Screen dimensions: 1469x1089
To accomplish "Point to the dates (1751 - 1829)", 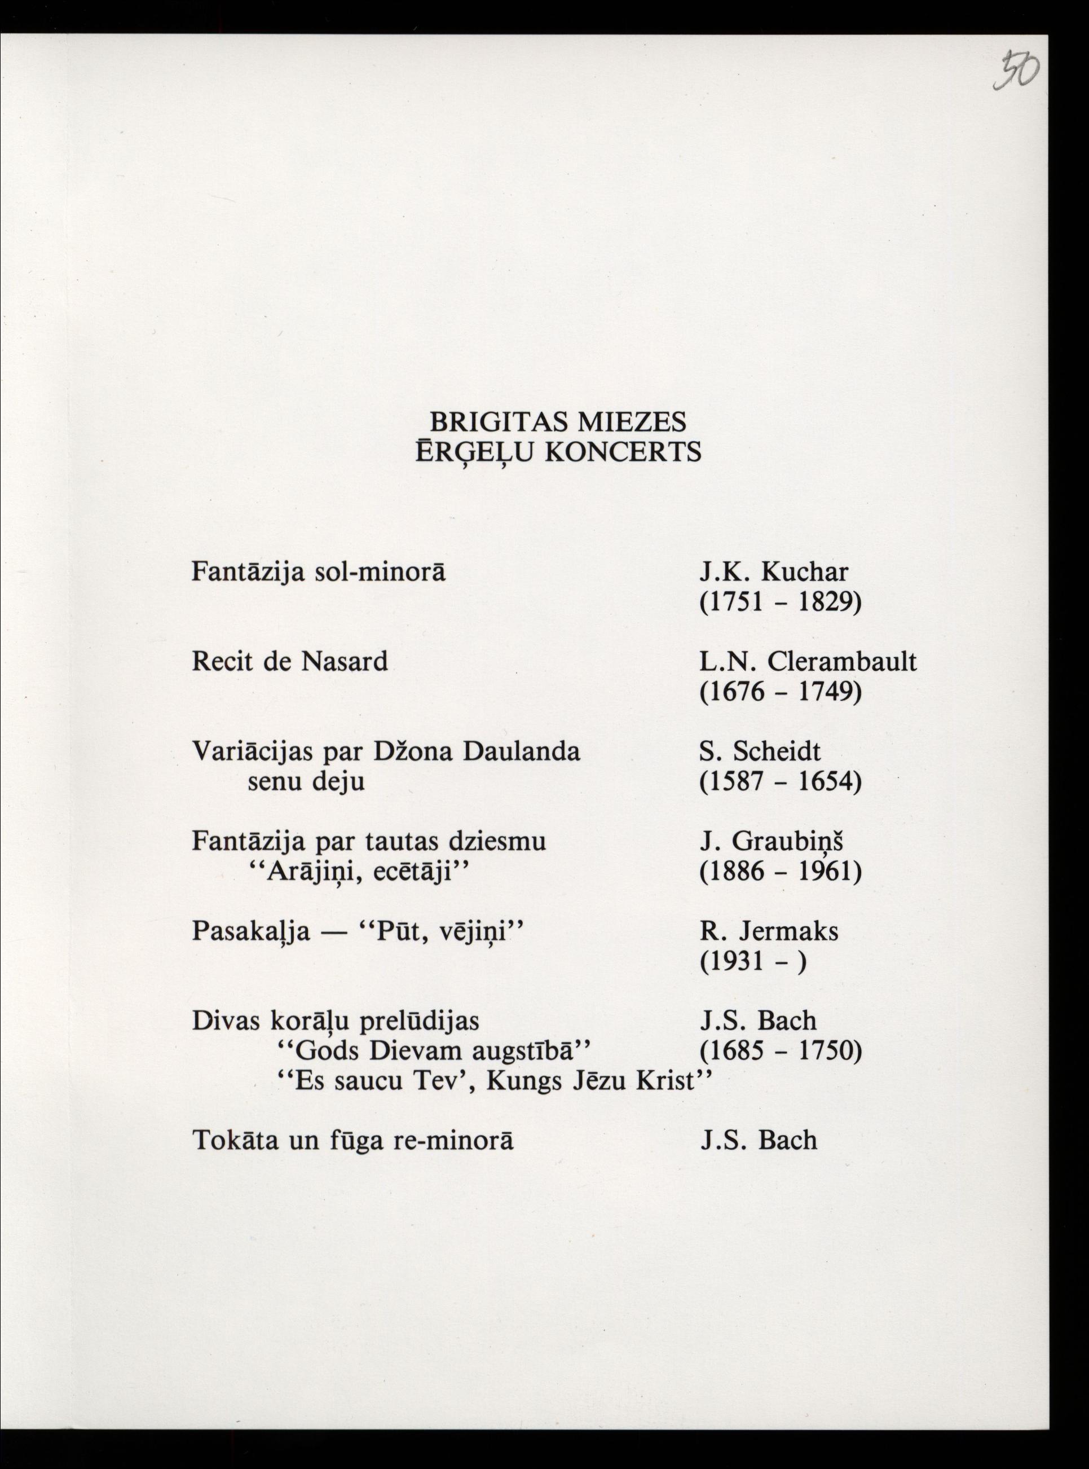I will (781, 602).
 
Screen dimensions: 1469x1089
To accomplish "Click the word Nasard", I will (344, 661).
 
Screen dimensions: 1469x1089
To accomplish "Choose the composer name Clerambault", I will (842, 661).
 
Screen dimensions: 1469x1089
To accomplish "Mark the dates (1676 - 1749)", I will (781, 692).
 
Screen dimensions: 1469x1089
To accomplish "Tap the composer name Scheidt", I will (777, 751).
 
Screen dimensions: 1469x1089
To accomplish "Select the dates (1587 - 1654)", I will (781, 782).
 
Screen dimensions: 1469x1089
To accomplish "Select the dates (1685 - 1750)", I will (781, 1050).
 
